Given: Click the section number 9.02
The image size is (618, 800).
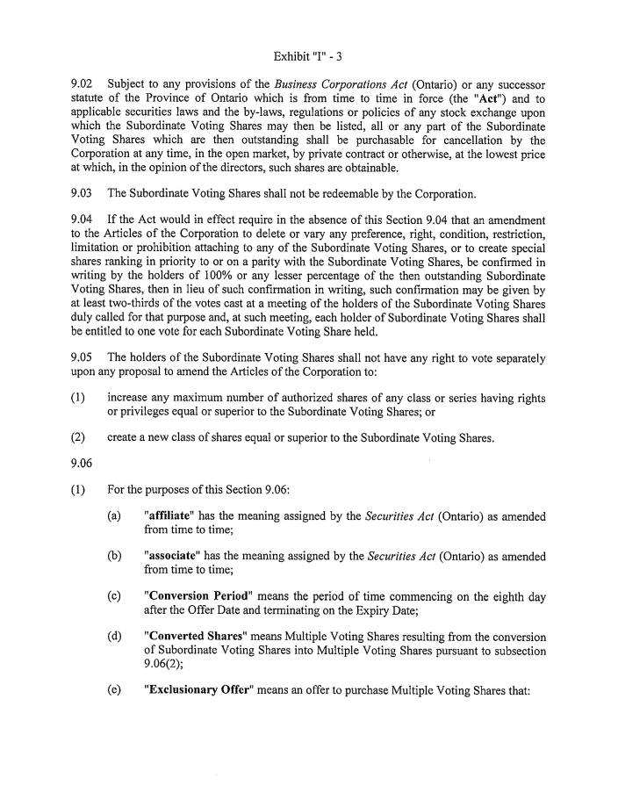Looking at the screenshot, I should tap(83, 84).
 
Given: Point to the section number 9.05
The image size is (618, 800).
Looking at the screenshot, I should tap(83, 357).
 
